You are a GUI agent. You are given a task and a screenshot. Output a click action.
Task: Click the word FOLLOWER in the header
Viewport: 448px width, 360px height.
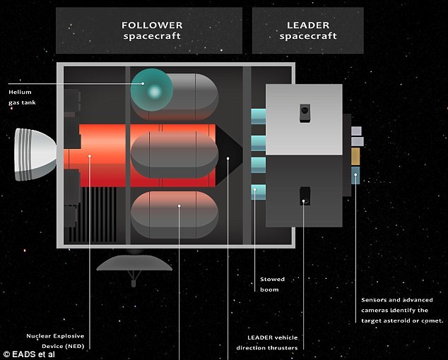tap(152, 25)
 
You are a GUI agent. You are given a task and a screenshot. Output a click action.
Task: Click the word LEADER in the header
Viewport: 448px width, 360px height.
tap(308, 25)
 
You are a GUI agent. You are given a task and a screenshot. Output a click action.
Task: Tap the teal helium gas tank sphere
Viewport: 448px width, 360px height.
tap(152, 90)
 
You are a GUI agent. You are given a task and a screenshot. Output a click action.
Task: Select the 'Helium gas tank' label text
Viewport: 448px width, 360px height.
tap(22, 97)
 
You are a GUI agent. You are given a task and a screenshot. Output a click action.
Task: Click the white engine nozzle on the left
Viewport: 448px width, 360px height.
tap(35, 155)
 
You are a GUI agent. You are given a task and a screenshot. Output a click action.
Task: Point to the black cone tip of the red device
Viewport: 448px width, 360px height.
tap(229, 155)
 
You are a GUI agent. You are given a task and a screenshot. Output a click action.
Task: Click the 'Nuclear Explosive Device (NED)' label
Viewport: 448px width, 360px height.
tap(55, 341)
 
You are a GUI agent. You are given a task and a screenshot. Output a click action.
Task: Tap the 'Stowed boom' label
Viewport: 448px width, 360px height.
tap(272, 284)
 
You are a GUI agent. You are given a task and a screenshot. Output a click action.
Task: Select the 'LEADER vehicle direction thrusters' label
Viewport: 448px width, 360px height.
tap(267, 342)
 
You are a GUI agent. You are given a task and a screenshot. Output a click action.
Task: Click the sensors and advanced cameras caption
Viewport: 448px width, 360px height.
tap(402, 311)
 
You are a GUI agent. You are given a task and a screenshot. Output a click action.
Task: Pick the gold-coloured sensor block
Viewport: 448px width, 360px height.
tap(355, 157)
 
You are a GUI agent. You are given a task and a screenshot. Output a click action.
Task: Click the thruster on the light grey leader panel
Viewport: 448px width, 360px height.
tap(305, 114)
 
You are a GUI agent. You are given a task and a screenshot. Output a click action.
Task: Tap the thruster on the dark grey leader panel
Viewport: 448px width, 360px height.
tap(305, 196)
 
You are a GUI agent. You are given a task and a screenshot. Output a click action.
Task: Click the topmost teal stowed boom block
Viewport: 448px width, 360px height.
tap(259, 116)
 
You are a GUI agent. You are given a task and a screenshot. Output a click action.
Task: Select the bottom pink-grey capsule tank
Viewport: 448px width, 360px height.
tap(175, 215)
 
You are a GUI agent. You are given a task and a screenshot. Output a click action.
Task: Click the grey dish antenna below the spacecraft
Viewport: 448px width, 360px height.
tap(134, 263)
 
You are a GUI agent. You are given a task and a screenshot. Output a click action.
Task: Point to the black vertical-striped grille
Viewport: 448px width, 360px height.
tap(97, 215)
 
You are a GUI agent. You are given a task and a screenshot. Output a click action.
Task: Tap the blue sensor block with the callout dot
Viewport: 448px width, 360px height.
tap(355, 176)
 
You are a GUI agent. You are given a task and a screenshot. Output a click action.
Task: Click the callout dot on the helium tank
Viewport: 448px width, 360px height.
tap(143, 84)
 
